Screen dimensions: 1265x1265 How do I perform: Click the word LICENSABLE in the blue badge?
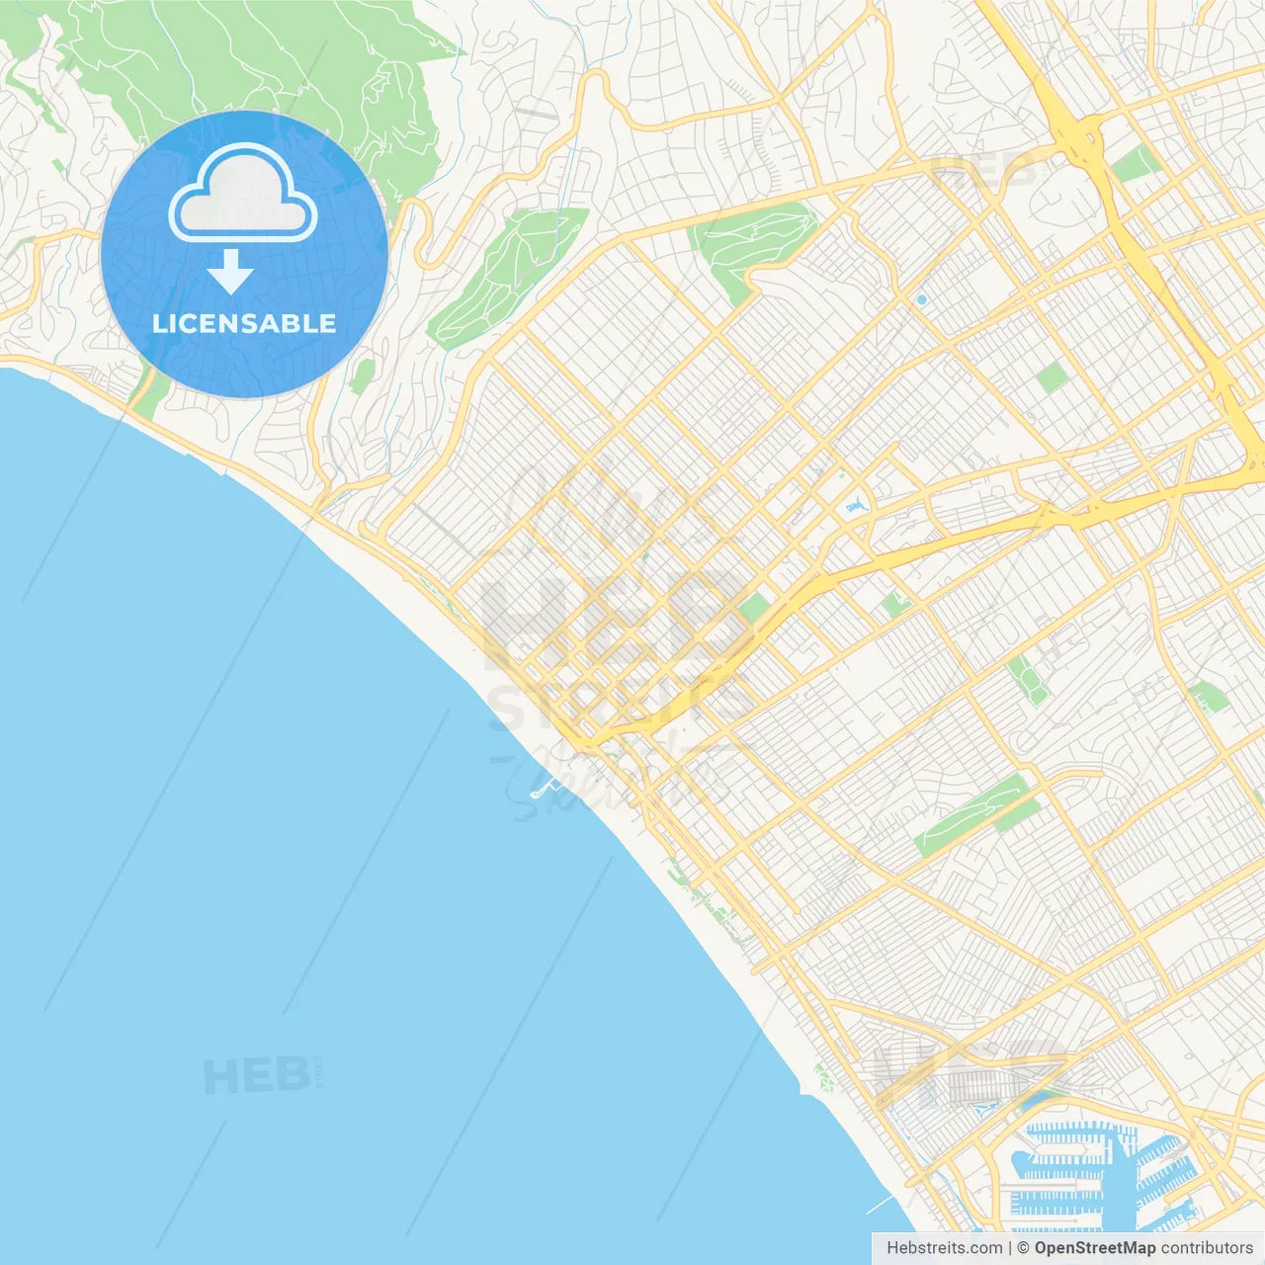(244, 323)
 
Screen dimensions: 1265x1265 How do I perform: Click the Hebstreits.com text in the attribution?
(945, 1247)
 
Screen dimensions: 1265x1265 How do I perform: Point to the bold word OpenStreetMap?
(1095, 1247)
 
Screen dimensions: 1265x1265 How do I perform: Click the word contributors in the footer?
(1207, 1247)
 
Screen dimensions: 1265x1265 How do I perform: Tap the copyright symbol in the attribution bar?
(1023, 1247)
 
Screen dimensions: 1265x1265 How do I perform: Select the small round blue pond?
(921, 299)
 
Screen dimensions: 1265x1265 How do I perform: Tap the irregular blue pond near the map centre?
(855, 507)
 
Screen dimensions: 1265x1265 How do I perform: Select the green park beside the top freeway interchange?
(1137, 163)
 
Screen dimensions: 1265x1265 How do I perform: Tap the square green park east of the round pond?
(1053, 377)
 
